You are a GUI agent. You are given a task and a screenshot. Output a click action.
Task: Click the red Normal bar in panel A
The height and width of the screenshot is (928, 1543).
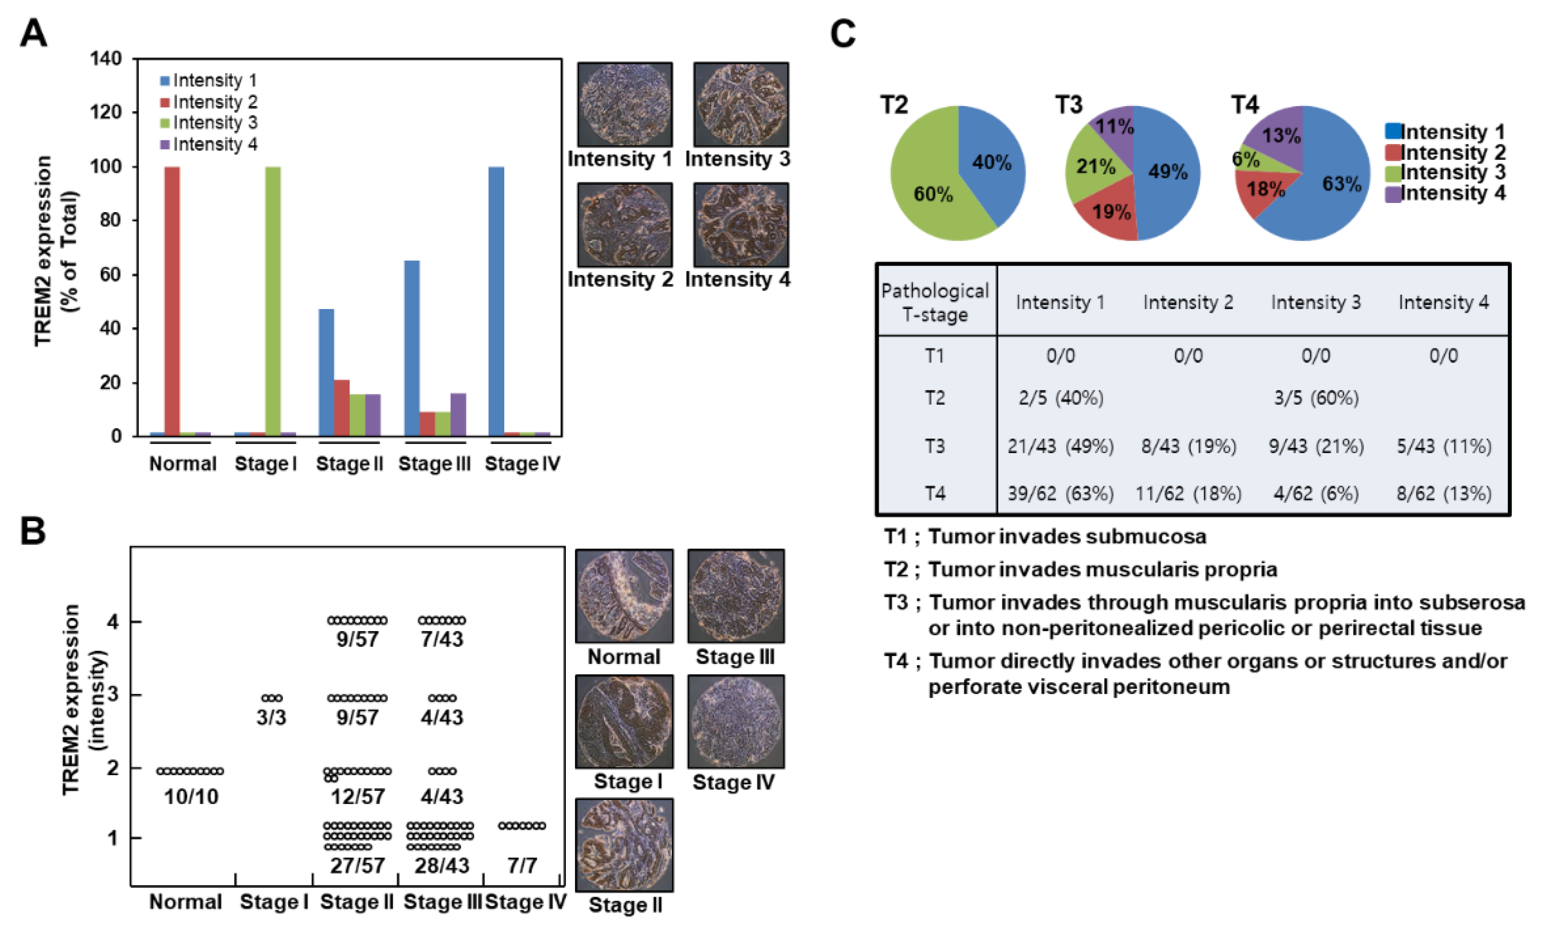172,301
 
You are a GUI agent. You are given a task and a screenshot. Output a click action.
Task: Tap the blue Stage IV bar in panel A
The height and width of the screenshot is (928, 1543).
496,301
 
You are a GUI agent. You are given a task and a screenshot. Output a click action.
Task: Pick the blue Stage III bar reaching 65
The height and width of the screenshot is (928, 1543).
412,348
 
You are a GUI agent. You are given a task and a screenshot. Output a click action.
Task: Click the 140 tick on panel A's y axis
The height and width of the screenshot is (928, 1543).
106,59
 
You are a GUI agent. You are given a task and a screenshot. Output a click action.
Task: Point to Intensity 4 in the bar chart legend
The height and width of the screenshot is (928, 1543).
215,145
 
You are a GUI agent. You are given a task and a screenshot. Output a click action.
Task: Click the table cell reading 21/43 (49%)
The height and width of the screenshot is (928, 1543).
1060,446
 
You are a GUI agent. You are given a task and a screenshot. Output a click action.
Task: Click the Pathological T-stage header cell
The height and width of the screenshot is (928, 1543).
935,302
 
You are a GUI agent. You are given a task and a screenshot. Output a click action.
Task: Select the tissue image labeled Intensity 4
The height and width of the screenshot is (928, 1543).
741,225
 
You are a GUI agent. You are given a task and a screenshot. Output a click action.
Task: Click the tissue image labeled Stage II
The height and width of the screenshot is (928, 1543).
624,845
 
